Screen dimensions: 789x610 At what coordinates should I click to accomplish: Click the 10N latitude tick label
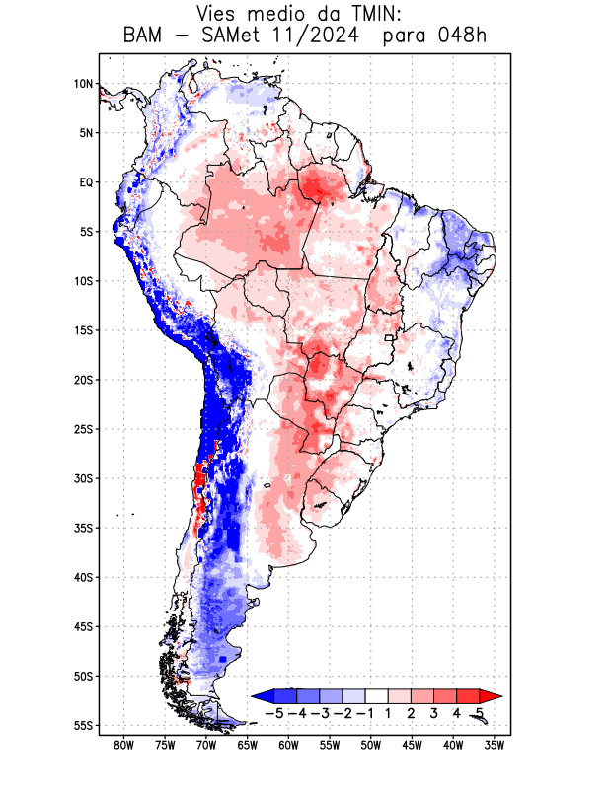pos(83,84)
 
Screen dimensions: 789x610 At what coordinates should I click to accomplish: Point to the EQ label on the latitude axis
pos(86,182)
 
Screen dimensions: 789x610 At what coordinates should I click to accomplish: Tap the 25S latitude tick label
pos(83,429)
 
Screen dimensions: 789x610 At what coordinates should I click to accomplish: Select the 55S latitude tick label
pos(83,726)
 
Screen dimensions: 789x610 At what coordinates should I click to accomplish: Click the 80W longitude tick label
pos(123,747)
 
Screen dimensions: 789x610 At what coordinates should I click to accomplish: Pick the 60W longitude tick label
pos(288,747)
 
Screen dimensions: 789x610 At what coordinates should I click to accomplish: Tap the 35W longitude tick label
pos(495,747)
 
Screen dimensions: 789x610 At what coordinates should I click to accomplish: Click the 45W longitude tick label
pos(412,747)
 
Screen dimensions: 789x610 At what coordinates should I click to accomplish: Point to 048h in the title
pos(463,36)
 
